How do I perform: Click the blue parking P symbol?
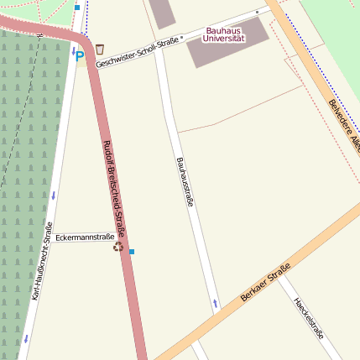(80, 56)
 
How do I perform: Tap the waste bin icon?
(100, 49)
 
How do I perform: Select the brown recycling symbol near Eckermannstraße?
(118, 248)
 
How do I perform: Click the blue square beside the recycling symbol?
(132, 251)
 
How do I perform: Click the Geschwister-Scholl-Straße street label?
(138, 52)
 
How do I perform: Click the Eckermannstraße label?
(85, 237)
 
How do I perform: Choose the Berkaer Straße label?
(264, 283)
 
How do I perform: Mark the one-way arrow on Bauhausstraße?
(216, 302)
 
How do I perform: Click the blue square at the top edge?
(77, 7)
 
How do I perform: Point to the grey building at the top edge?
(162, 12)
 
